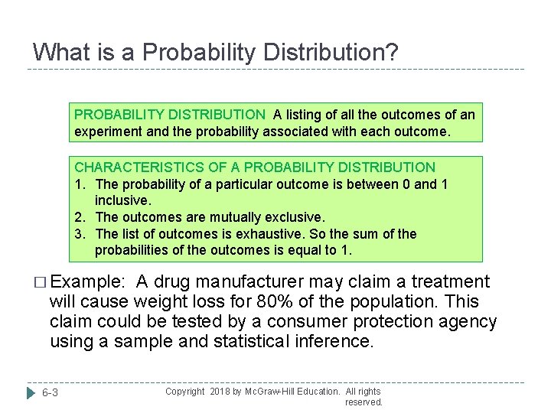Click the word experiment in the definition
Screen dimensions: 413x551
pyautogui.click(x=108, y=131)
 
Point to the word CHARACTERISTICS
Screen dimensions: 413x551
pyautogui.click(x=133, y=167)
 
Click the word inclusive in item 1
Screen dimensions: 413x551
pyautogui.click(x=123, y=200)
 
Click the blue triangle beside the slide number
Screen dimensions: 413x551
pyautogui.click(x=31, y=393)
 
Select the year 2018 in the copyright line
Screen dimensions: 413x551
pyautogui.click(x=219, y=391)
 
